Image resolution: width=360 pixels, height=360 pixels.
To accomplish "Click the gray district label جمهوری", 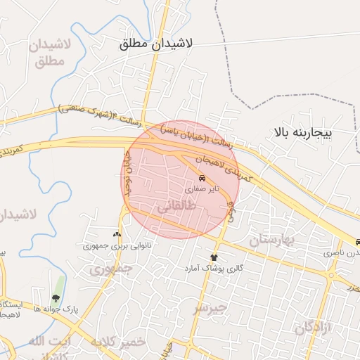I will tap(111, 268).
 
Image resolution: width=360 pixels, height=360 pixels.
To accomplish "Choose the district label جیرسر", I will tap(211, 307).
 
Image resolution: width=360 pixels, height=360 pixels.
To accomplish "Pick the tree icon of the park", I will tap(56, 298).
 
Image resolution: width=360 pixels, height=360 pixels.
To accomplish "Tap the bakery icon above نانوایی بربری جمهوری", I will tap(117, 234).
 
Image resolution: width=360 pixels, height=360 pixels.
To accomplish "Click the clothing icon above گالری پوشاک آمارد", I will tap(214, 257).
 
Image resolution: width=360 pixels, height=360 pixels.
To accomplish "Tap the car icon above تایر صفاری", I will tap(202, 178).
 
